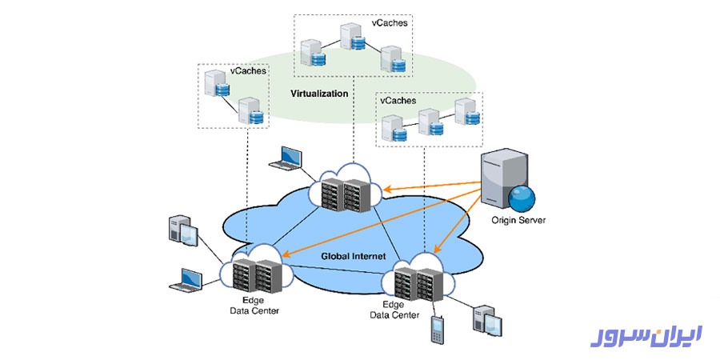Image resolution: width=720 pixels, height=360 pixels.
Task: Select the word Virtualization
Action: [x=319, y=94]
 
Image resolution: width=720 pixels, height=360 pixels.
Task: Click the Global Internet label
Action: [x=354, y=256]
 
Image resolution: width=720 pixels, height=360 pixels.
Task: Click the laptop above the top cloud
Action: [x=286, y=158]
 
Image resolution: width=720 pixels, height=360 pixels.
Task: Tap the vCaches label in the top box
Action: [x=390, y=23]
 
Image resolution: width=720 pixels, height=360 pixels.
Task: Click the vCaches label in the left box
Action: [x=248, y=71]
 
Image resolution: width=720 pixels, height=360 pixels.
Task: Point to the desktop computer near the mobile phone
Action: [x=487, y=321]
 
